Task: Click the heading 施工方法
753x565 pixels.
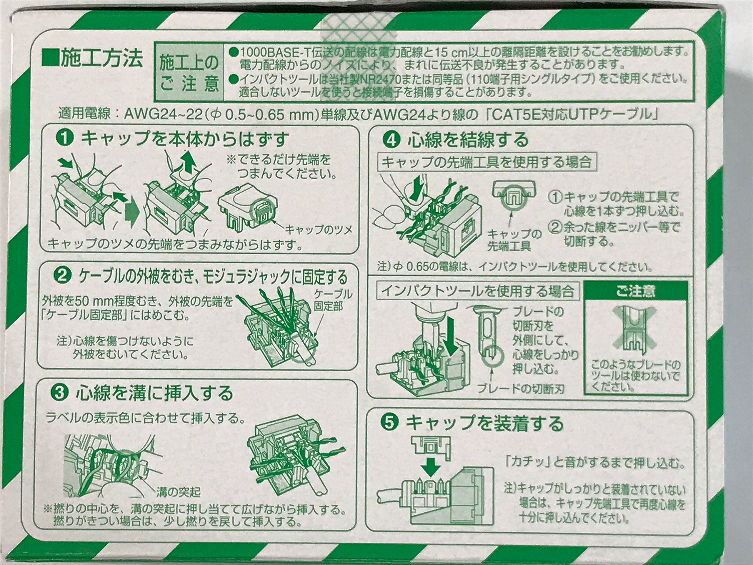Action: point(92,59)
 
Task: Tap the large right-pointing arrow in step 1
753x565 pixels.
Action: point(132,212)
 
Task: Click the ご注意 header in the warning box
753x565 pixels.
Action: point(635,292)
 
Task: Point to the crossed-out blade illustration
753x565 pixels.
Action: point(635,329)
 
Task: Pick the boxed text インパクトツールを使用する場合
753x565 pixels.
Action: point(478,291)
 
